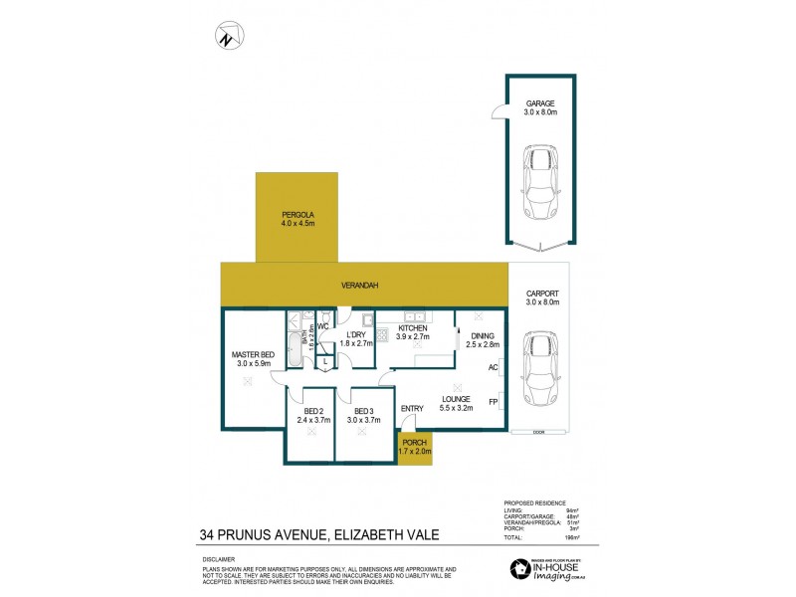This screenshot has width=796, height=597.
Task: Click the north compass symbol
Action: (227, 39)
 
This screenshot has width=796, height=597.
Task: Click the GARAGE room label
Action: (540, 102)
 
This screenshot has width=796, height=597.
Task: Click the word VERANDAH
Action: (359, 286)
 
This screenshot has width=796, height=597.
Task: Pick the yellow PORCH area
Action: (415, 447)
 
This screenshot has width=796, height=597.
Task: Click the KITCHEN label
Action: (413, 328)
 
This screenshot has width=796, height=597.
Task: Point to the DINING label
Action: (483, 336)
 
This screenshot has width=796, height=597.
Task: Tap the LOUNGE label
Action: (457, 399)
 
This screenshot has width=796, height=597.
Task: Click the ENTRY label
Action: (412, 408)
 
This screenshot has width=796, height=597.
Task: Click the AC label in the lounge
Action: (493, 367)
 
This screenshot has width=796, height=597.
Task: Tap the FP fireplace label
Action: (493, 402)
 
